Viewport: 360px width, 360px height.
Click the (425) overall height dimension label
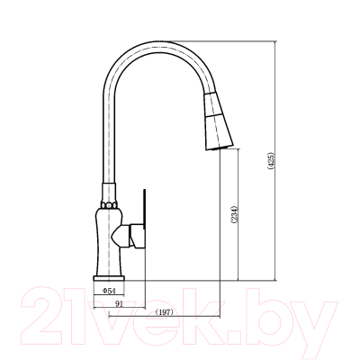click(271, 161)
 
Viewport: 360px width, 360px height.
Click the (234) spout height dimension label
click(234, 214)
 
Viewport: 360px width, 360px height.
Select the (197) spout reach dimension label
click(165, 312)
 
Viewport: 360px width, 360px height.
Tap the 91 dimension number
click(120, 303)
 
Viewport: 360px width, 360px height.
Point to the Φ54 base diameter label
click(109, 291)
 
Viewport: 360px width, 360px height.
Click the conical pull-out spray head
click(218, 121)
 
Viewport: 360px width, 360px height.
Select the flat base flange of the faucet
click(109, 278)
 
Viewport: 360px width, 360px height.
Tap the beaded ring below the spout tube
click(109, 205)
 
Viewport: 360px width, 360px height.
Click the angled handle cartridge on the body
click(128, 236)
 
